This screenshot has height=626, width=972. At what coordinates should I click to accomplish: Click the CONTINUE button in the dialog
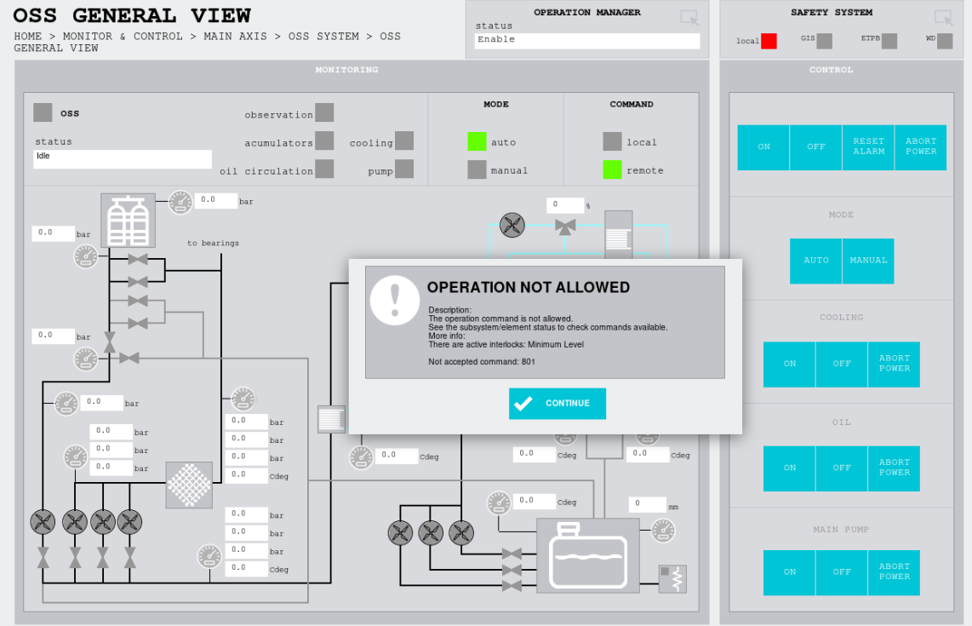click(x=557, y=403)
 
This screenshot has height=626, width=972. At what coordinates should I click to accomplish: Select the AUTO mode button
click(x=815, y=261)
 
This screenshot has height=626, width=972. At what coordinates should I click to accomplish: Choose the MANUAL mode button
click(x=868, y=261)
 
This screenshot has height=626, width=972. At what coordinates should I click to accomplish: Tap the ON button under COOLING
click(x=789, y=365)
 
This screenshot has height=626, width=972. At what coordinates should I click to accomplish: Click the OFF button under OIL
click(x=842, y=468)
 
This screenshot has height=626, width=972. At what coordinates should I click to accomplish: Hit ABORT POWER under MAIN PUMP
click(x=894, y=572)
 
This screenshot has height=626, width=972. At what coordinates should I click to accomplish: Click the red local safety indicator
click(x=769, y=41)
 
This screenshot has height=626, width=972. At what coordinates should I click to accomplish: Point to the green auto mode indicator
click(x=477, y=141)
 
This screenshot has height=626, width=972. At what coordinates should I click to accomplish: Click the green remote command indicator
click(x=613, y=169)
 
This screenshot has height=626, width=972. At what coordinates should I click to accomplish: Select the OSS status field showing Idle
click(x=123, y=158)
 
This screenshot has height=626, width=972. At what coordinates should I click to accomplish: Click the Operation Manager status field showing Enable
click(x=587, y=40)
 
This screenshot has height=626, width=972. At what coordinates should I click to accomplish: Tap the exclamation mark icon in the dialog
click(x=395, y=301)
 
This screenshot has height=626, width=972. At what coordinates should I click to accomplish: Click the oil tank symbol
click(x=587, y=555)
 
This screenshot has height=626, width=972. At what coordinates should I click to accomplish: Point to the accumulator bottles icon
click(x=128, y=221)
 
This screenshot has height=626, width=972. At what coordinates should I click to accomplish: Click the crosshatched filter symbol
click(x=189, y=485)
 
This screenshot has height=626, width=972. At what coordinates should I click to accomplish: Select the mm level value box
click(x=647, y=503)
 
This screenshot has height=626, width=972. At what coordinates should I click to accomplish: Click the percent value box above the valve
click(x=564, y=204)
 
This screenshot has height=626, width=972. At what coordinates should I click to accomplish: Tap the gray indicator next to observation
click(x=324, y=113)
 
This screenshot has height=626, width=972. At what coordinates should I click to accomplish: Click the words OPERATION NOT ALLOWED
click(x=529, y=287)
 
